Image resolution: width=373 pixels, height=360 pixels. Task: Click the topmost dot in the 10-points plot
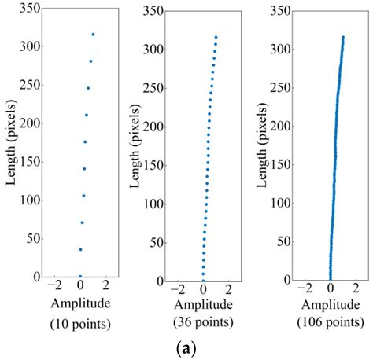click(x=93, y=35)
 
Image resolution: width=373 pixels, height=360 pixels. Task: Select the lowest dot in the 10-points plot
click(x=79, y=276)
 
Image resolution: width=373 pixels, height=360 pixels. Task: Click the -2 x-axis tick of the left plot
click(x=54, y=287)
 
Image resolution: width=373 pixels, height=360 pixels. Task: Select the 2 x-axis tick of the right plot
click(x=356, y=289)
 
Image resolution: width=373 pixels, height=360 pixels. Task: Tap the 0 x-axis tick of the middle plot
click(x=203, y=289)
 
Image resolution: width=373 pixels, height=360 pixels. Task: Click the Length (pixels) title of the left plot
click(x=10, y=142)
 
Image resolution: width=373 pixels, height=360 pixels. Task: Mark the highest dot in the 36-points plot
click(x=216, y=36)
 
